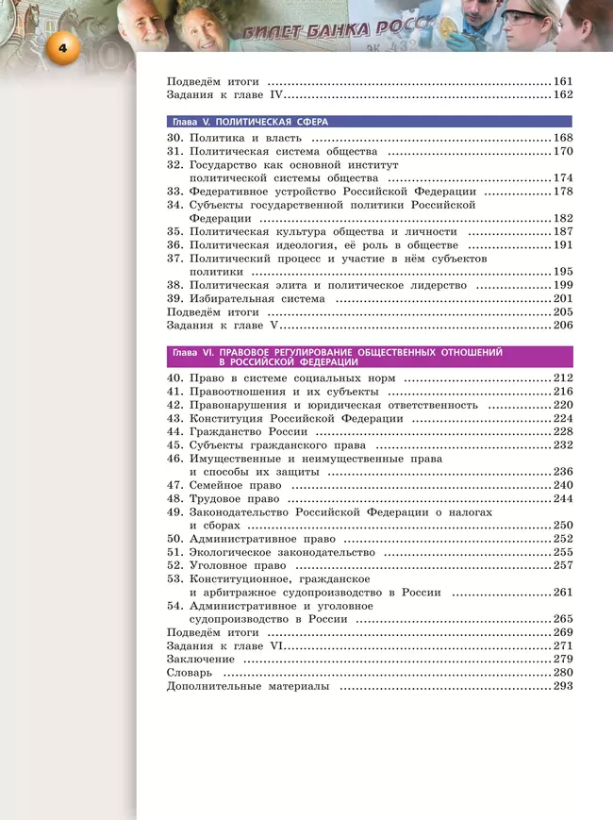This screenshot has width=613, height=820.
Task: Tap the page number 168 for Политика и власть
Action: (563, 139)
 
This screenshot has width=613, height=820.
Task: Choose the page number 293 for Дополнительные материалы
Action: (563, 686)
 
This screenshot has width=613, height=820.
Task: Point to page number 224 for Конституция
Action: (563, 418)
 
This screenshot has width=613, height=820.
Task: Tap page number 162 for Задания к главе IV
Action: (563, 95)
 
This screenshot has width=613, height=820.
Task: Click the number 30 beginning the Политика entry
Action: (174, 139)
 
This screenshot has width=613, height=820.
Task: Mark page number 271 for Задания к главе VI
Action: (563, 645)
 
